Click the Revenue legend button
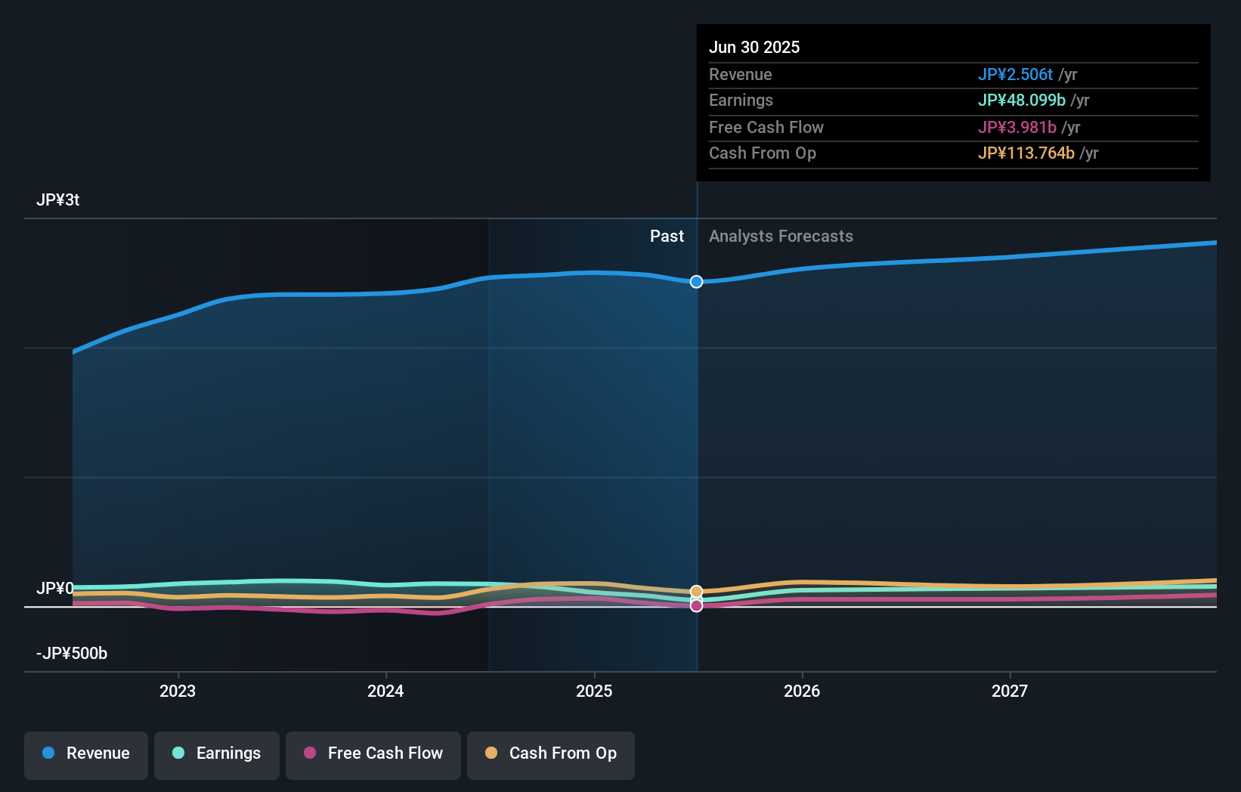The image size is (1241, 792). (86, 753)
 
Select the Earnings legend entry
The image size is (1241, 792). (217, 753)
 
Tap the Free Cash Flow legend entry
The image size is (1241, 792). (373, 753)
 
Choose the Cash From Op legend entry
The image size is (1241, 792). (551, 753)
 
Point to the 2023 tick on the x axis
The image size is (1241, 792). (178, 691)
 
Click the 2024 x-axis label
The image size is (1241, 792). (385, 691)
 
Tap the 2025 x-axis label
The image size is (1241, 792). (594, 691)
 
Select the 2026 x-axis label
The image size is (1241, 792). (802, 691)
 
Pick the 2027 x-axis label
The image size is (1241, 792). (1010, 691)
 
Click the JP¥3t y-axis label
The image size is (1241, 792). (58, 200)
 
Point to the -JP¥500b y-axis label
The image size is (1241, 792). (72, 654)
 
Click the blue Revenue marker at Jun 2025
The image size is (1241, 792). (696, 282)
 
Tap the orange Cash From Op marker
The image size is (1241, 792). (696, 592)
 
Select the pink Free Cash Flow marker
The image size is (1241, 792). (696, 605)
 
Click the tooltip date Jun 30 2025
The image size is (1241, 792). (754, 48)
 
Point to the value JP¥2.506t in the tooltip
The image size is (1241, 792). (1015, 75)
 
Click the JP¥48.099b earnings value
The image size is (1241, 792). (1021, 101)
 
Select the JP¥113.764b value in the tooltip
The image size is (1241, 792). (1026, 153)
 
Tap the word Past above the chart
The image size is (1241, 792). (667, 237)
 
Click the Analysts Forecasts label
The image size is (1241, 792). (781, 237)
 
